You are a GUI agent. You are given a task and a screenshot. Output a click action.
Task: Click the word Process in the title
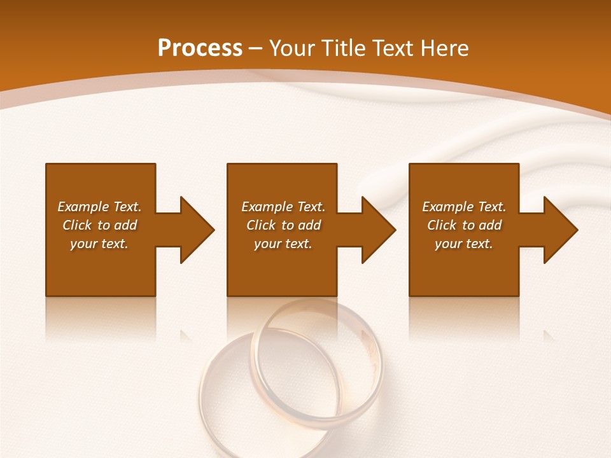click(x=200, y=48)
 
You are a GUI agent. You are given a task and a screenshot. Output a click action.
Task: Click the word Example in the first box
click(x=83, y=207)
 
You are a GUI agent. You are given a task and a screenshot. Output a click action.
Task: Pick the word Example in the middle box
click(x=267, y=207)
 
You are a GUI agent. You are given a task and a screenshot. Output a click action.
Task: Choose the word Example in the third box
click(x=447, y=207)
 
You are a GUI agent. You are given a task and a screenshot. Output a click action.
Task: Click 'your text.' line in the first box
click(x=99, y=244)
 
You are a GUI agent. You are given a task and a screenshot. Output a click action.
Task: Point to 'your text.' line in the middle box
click(x=283, y=244)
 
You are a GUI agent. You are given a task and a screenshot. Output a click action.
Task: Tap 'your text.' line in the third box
click(x=463, y=244)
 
